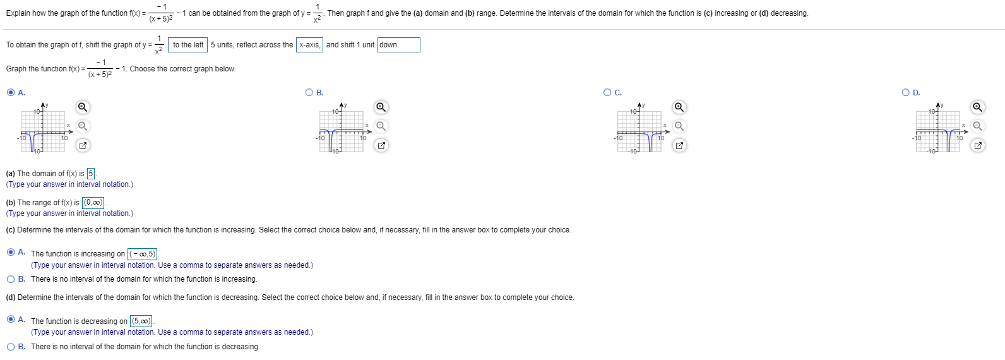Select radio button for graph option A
pyautogui.click(x=11, y=93)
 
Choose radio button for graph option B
pyautogui.click(x=309, y=93)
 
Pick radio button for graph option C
pyautogui.click(x=607, y=93)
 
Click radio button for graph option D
pyautogui.click(x=906, y=93)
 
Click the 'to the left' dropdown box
pyautogui.click(x=188, y=45)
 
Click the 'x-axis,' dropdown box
pyautogui.click(x=309, y=45)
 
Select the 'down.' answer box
pyautogui.click(x=398, y=45)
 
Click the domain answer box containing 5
pyautogui.click(x=91, y=174)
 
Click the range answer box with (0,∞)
pyautogui.click(x=93, y=203)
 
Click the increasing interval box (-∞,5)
pyautogui.click(x=142, y=254)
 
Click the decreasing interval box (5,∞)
pyautogui.click(x=141, y=321)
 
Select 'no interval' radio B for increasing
pyautogui.click(x=11, y=279)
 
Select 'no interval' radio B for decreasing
pyautogui.click(x=11, y=347)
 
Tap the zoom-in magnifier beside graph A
pyautogui.click(x=83, y=107)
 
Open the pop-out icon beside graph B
pyautogui.click(x=381, y=146)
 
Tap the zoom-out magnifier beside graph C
pyautogui.click(x=679, y=126)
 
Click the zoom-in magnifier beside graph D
pyautogui.click(x=977, y=107)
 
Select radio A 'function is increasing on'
pyautogui.click(x=11, y=252)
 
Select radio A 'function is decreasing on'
pyautogui.click(x=11, y=319)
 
